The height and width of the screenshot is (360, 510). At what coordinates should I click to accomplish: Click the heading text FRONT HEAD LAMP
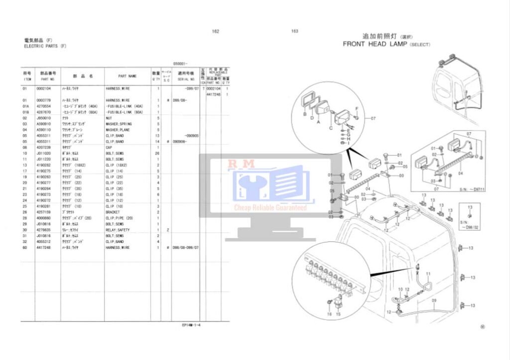click(375, 44)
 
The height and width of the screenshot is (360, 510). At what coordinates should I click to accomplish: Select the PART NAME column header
click(127, 76)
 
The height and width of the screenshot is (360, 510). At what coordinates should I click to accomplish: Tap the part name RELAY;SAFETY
click(118, 230)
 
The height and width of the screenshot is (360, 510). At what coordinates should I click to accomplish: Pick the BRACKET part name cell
click(114, 212)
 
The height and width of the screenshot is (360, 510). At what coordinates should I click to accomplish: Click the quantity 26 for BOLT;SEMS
click(158, 153)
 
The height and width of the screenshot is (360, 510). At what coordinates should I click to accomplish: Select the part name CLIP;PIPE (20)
click(120, 218)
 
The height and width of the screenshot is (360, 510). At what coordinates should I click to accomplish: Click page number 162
click(215, 31)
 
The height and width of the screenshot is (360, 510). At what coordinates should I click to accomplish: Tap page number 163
click(295, 31)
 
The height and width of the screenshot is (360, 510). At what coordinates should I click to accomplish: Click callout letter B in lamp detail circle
click(304, 114)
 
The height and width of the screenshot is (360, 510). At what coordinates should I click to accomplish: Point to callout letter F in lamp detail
click(357, 108)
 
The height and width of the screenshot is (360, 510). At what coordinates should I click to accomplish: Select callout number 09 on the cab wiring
click(433, 300)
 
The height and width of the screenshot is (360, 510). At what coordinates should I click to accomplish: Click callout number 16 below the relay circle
click(329, 314)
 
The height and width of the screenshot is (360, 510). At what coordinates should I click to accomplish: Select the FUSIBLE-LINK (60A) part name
click(125, 112)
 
